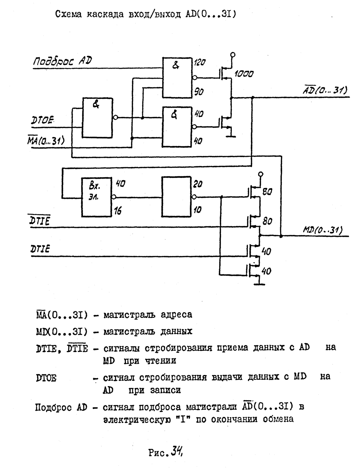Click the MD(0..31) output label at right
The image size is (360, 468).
323,230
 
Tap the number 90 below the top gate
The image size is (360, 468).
199,92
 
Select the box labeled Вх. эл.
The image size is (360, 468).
96,197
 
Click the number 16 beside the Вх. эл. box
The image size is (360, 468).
118,211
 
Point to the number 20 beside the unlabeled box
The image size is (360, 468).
198,184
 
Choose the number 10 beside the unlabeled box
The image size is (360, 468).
197,210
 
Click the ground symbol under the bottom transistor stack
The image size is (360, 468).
259,284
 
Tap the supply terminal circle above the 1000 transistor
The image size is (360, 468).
233,55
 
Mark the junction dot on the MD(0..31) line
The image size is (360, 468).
281,236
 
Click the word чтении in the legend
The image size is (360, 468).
150,361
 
